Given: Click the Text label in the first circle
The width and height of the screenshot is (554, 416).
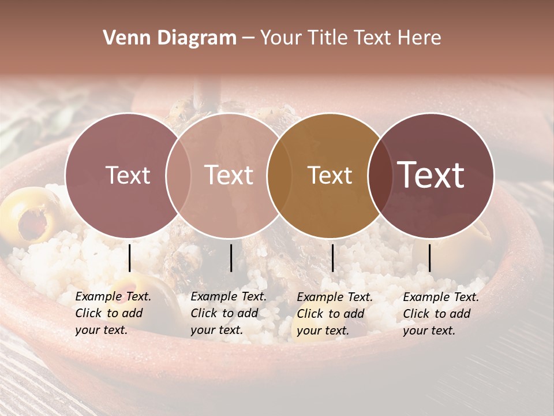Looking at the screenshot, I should point(128,175).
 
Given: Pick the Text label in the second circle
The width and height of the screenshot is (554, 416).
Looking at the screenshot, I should point(229,175).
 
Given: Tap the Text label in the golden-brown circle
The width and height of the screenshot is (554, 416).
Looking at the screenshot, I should point(330,175).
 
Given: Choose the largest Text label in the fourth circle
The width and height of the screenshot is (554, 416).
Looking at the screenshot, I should point(431,175).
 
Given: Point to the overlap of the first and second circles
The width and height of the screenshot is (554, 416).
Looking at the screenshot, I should point(178,176).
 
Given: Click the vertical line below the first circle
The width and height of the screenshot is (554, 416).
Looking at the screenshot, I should point(130,258).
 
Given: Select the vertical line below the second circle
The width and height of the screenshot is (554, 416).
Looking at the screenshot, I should point(231,258).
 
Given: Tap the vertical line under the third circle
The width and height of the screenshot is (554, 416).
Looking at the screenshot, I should point(333,258).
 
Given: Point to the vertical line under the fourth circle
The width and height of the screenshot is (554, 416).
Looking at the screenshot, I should point(429,258).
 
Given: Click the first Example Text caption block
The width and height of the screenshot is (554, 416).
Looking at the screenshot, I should point(113,313).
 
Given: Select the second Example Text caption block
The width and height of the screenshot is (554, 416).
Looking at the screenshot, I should point(228,313).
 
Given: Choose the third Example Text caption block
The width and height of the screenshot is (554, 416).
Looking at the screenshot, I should point(334,314).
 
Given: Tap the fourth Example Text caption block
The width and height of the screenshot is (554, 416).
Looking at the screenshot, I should point(440,314).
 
